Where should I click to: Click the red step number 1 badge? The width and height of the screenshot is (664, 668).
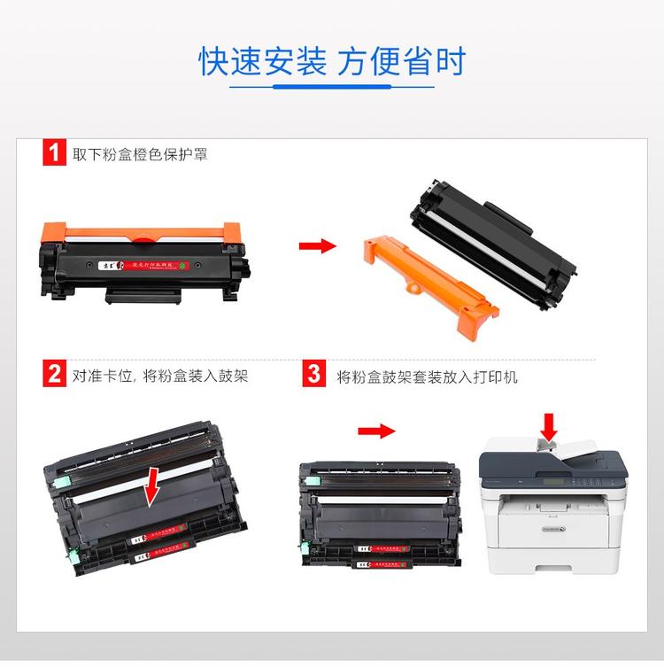[x=54, y=153]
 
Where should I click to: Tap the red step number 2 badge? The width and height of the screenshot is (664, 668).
[x=54, y=375]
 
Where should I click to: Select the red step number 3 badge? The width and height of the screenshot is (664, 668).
[x=314, y=375]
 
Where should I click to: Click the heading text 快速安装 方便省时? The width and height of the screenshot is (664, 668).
[x=332, y=61]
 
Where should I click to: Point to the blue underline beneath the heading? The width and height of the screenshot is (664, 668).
[x=332, y=87]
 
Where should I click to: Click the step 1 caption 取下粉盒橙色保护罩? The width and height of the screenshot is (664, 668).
[x=140, y=154]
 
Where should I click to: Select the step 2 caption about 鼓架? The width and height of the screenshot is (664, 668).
[x=159, y=376]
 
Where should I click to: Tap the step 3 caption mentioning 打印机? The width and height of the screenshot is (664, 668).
[x=428, y=377]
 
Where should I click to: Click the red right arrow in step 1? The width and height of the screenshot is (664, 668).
[x=317, y=245]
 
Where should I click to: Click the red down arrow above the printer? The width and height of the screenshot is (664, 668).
[x=549, y=425]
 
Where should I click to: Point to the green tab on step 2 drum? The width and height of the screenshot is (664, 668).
[x=59, y=484]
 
